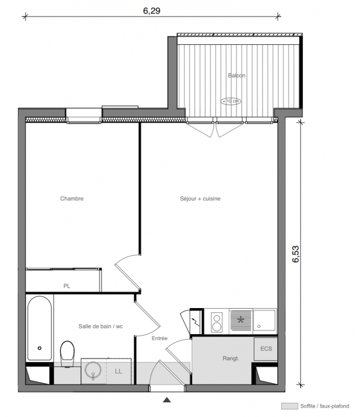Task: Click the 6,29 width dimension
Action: (152, 11)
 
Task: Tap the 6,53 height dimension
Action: (295, 254)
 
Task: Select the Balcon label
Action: (237, 76)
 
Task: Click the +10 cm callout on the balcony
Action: (231, 101)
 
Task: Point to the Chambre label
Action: (72, 199)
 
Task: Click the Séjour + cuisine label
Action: (200, 199)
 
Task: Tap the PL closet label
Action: (67, 286)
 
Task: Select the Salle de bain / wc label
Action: (101, 326)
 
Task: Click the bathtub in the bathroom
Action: (40, 328)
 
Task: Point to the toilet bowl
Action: (67, 353)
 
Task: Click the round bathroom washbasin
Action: (93, 370)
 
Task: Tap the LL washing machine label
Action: (119, 371)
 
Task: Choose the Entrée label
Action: (159, 338)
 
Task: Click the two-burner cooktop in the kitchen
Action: (217, 322)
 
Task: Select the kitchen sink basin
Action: (265, 320)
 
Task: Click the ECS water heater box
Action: (266, 349)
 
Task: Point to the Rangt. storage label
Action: (231, 359)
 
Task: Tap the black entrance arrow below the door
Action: (167, 399)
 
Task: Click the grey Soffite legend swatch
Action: (290, 406)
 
